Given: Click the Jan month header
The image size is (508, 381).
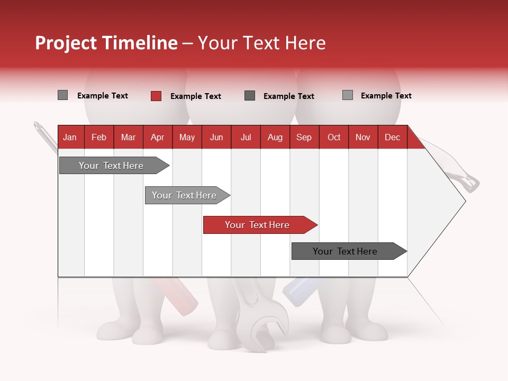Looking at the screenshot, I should pyautogui.click(x=70, y=137).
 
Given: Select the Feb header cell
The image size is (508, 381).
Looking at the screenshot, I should pyautogui.click(x=99, y=137).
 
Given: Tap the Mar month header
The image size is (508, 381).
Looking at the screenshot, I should pyautogui.click(x=128, y=137).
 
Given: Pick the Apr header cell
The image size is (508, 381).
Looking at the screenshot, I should pyautogui.click(x=158, y=137).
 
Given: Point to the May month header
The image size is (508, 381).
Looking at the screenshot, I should pyautogui.click(x=187, y=137).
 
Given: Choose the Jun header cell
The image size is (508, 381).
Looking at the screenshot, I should pyautogui.click(x=216, y=137).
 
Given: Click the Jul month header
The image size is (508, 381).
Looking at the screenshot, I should pyautogui.click(x=246, y=137).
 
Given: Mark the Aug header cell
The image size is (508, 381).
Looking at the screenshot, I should pyautogui.click(x=275, y=137).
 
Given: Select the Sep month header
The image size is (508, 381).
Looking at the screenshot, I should pyautogui.click(x=304, y=137).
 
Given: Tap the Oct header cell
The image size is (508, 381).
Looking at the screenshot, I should pyautogui.click(x=334, y=137).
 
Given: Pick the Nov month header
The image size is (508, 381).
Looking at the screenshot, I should pyautogui.click(x=363, y=137).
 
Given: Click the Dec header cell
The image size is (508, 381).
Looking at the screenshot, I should pyautogui.click(x=393, y=137).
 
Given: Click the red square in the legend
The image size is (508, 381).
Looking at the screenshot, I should pyautogui.click(x=156, y=96).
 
